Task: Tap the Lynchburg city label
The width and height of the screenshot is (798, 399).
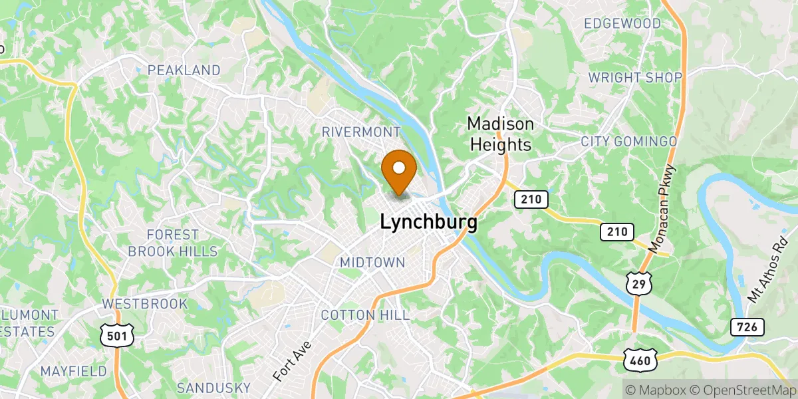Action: pos(428,223)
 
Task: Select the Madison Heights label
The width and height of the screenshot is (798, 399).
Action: pos(500,134)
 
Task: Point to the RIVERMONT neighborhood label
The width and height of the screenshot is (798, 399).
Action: pos(361,132)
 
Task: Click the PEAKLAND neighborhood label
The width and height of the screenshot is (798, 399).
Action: pos(184,70)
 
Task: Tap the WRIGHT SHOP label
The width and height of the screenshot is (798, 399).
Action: pos(635,78)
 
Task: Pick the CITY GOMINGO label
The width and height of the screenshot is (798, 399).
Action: pos(628,142)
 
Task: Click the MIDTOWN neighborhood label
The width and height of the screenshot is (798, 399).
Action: pos(372,263)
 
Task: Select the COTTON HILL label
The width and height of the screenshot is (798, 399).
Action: pos(365,315)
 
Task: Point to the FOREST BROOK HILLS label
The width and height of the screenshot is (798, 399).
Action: pos(173,243)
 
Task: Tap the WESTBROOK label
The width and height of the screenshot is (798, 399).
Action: pos(144,304)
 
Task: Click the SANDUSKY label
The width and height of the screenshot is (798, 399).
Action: pos(213,388)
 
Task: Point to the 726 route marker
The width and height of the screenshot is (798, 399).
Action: pos(747,327)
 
